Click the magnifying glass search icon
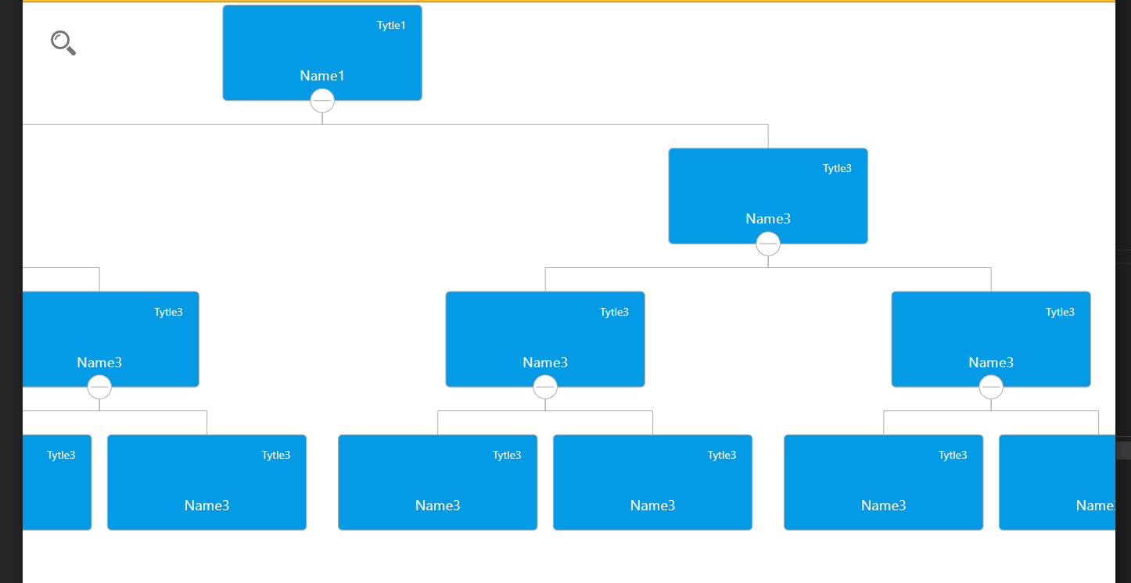click(x=63, y=42)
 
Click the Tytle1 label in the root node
click(x=391, y=26)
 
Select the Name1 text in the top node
click(x=322, y=76)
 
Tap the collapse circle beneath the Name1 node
click(x=322, y=101)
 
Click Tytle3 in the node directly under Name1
click(x=837, y=169)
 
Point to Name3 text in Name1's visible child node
click(x=768, y=219)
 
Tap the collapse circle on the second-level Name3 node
click(x=768, y=244)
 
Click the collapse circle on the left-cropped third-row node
click(x=99, y=387)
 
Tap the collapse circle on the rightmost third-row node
click(x=991, y=387)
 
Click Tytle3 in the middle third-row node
click(x=614, y=313)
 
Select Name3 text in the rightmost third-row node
click(x=991, y=363)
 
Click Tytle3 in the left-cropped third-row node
click(x=168, y=313)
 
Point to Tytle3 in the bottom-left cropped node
click(x=61, y=456)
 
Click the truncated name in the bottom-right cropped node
click(x=1095, y=506)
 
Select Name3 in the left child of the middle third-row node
click(x=438, y=506)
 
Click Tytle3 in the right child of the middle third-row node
click(x=722, y=456)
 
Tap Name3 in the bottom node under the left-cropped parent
click(x=207, y=506)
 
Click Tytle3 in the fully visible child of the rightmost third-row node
click(x=953, y=456)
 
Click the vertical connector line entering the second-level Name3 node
click(x=768, y=136)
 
